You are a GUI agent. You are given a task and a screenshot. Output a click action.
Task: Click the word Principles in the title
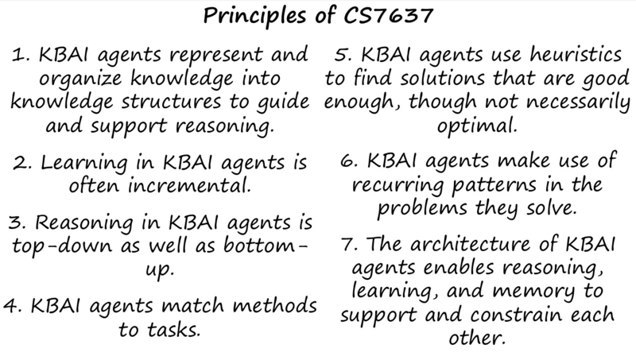[254, 17]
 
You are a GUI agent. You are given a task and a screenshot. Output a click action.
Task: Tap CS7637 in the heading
[388, 15]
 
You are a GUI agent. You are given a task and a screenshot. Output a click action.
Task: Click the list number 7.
[350, 245]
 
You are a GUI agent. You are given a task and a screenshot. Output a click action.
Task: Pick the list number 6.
[349, 161]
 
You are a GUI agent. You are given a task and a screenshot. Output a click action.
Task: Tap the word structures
[171, 102]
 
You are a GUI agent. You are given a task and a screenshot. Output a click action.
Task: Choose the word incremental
[189, 185]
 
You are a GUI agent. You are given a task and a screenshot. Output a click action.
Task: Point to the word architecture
[471, 245]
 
